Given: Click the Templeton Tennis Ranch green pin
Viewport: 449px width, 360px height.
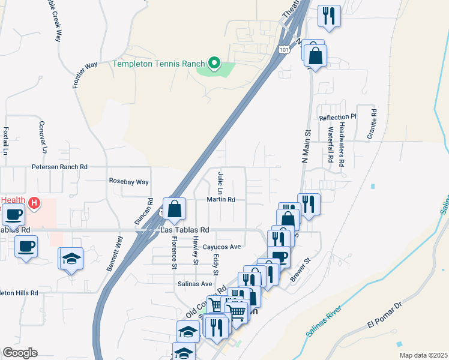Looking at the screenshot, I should [213, 62].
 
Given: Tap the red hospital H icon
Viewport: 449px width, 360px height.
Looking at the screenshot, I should [34, 203].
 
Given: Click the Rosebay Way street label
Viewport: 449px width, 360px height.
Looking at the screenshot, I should [128, 181].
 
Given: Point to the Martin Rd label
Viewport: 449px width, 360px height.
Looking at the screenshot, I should [220, 199].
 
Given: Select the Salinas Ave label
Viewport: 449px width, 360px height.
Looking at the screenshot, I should [194, 284].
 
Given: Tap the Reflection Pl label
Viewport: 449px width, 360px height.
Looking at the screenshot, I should [338, 118].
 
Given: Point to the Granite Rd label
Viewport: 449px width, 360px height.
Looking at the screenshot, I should [373, 121].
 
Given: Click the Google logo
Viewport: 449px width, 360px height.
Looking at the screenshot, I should [20, 352].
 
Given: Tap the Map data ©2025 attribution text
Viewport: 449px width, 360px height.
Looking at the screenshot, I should [424, 355].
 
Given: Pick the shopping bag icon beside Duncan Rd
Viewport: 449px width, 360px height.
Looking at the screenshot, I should [174, 209].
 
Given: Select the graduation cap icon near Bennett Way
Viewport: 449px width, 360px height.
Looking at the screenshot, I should [71, 257].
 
